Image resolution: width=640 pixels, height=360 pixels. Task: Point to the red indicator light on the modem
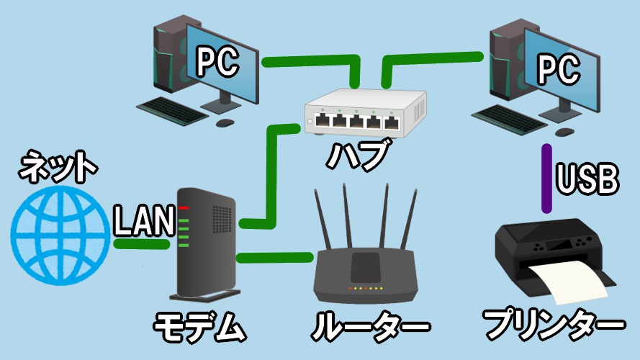[184, 208]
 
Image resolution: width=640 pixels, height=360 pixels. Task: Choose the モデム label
[199, 328]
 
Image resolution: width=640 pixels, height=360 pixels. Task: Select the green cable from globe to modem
[141, 245]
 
